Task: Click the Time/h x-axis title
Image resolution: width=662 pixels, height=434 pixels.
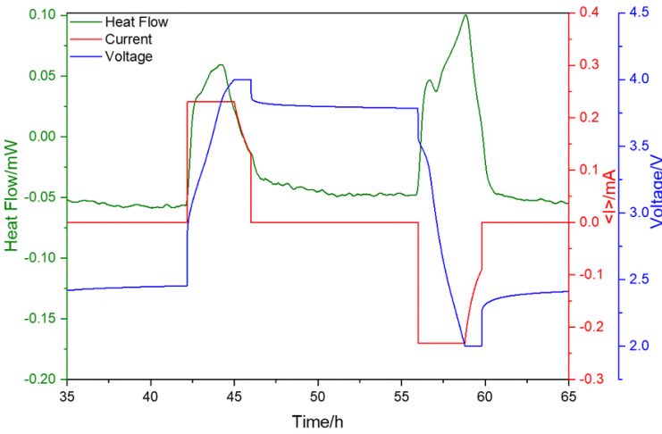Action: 317,421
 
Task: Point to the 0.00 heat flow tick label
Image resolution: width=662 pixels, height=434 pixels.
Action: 42,137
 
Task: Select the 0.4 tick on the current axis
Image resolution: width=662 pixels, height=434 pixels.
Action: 584,14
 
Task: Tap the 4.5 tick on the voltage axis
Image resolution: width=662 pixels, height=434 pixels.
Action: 640,14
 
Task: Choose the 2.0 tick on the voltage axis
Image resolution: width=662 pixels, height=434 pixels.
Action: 640,346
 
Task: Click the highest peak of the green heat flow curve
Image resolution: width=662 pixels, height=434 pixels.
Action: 465,14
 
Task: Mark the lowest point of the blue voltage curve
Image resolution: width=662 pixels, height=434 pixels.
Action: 473,346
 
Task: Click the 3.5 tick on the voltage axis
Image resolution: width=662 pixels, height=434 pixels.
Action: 640,146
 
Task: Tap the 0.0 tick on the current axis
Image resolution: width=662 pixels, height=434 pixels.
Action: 584,222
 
